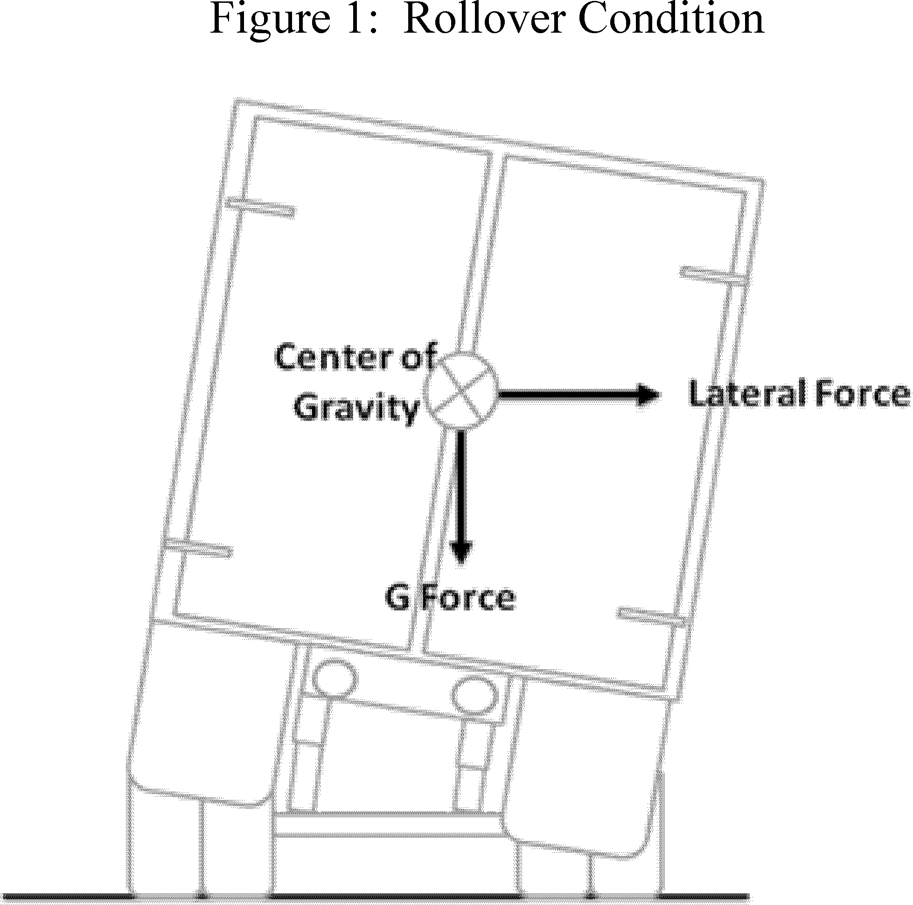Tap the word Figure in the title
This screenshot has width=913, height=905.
click(x=269, y=21)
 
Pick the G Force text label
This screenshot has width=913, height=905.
click(x=450, y=598)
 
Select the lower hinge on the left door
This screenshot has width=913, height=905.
click(x=198, y=548)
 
